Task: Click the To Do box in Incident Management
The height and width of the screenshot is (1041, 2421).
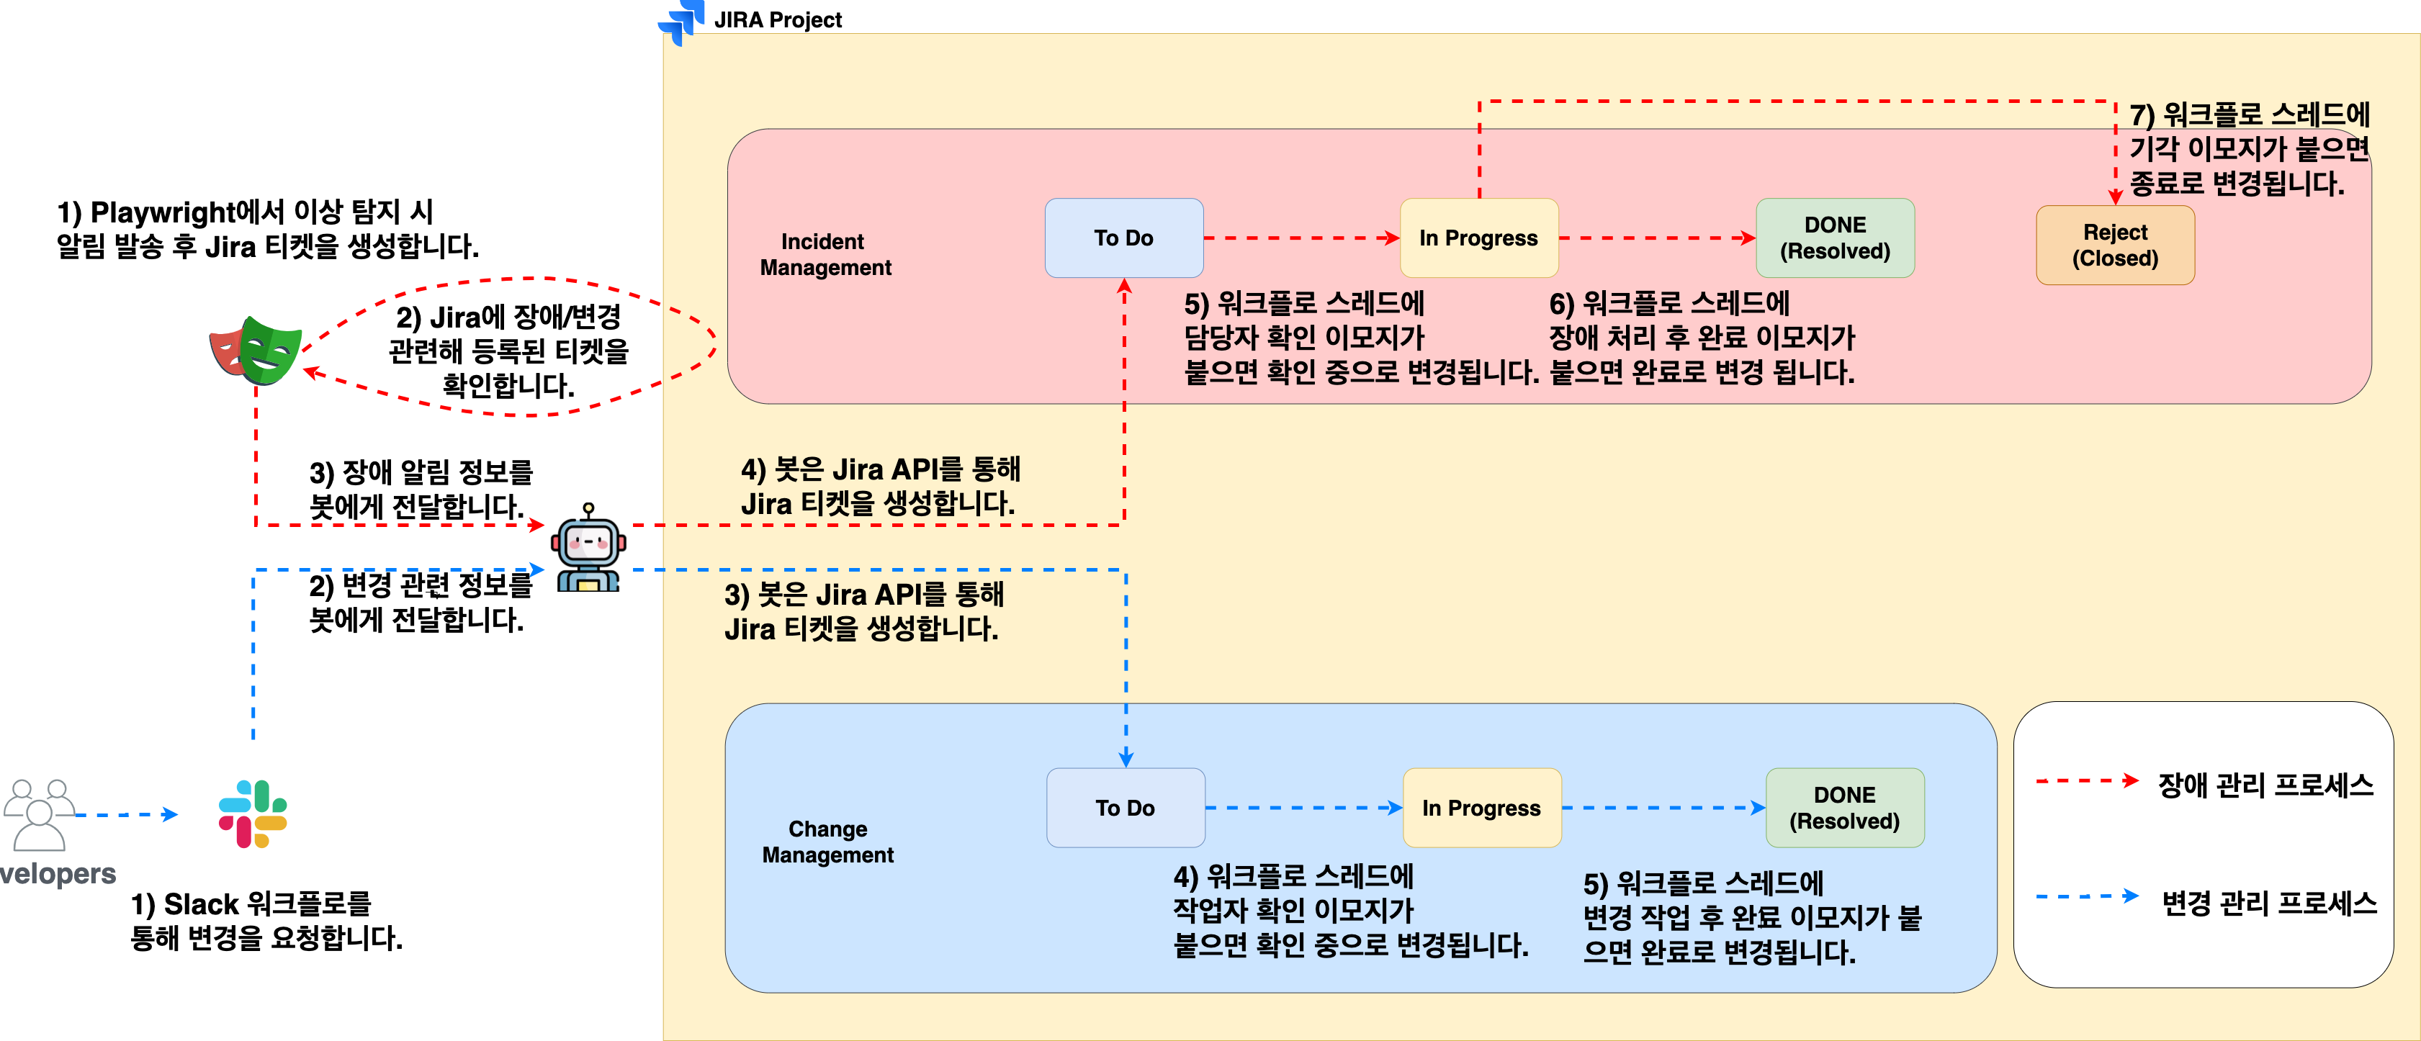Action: (1124, 238)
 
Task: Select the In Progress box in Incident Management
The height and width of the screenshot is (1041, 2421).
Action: (1479, 238)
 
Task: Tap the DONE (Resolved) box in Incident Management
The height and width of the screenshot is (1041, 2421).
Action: (1836, 238)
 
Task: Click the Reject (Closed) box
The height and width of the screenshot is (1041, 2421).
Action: (2116, 245)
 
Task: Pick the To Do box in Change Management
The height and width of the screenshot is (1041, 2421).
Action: (1126, 808)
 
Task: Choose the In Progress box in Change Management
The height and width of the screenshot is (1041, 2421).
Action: (1482, 808)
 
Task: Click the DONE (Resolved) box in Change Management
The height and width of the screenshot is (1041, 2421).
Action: (1845, 808)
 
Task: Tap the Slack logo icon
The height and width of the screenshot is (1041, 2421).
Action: (253, 814)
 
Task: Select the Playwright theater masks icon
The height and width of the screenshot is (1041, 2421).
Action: (256, 351)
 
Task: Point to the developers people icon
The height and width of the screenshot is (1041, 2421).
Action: (39, 814)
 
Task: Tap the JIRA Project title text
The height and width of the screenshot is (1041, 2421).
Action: (778, 19)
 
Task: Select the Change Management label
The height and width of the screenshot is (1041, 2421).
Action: (828, 842)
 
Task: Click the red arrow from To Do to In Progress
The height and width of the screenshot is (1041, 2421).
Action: (1302, 238)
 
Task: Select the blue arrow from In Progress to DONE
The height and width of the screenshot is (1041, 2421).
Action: (1663, 808)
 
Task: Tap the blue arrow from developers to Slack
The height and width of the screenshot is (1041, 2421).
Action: (127, 814)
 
